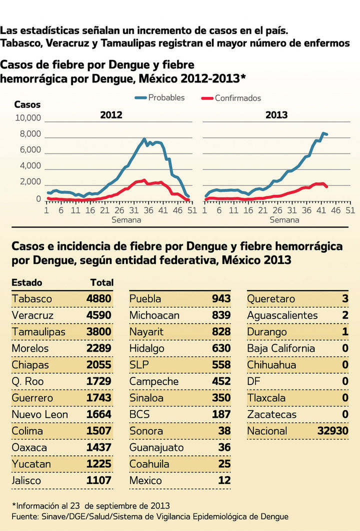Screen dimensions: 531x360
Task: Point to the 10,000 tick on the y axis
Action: tap(27, 118)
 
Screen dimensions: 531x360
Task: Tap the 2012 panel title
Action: tap(111, 115)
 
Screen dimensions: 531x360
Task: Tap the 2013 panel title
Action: tap(276, 115)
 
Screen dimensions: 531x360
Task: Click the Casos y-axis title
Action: tap(27, 105)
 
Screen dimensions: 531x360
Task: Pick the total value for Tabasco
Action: tap(99, 299)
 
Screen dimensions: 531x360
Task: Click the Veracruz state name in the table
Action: tap(32, 315)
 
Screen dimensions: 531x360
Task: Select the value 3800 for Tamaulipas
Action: tap(99, 332)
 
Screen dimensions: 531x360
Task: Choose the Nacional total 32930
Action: tap(332, 431)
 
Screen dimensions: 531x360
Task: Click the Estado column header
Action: tap(27, 282)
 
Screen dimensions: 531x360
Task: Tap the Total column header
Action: tap(102, 282)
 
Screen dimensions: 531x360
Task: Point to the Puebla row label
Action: tap(145, 299)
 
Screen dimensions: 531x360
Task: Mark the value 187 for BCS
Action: tap(221, 414)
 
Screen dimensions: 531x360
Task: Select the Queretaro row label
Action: tap(271, 299)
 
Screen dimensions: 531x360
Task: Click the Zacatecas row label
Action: tap(271, 414)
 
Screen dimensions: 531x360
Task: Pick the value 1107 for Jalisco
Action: tap(99, 480)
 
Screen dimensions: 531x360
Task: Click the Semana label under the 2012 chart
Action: tap(126, 219)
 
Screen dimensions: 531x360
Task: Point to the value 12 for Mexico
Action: tap(224, 480)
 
